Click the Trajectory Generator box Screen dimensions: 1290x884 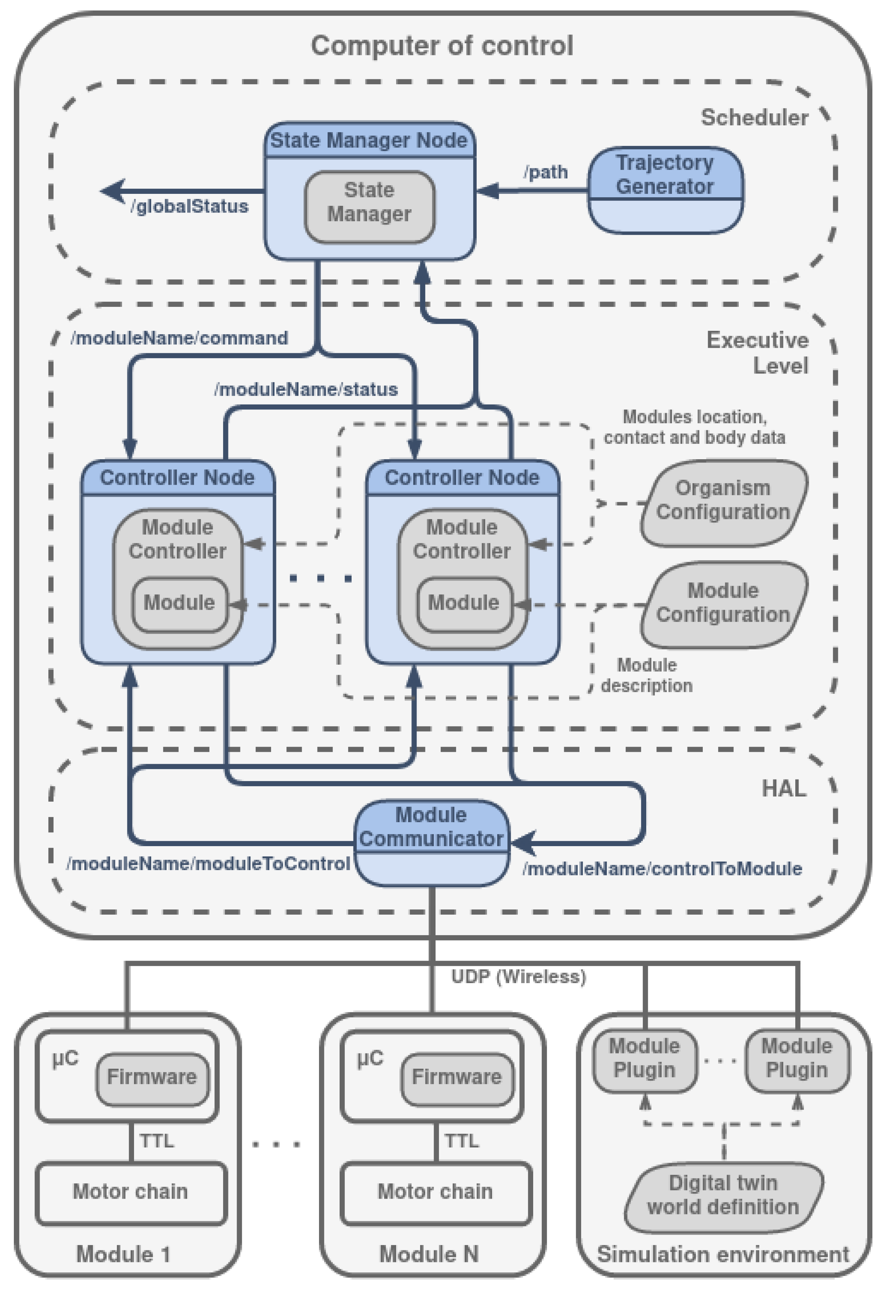click(x=665, y=189)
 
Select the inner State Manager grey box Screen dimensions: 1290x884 click(x=369, y=207)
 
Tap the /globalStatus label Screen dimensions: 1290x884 click(x=189, y=207)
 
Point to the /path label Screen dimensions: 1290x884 click(x=545, y=172)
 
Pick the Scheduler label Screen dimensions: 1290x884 click(x=754, y=118)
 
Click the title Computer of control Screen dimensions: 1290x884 click(x=441, y=46)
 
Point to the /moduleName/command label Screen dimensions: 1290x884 click(x=179, y=338)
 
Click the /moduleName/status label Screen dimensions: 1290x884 click(x=306, y=389)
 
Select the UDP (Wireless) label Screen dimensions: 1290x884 click(x=518, y=976)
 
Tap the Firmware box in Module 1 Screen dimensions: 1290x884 click(x=152, y=1077)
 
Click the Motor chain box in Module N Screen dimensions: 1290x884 click(x=435, y=1192)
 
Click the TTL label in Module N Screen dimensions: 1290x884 click(x=461, y=1141)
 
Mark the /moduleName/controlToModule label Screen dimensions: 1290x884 click(x=662, y=868)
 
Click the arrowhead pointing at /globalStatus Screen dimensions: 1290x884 click(x=113, y=190)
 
